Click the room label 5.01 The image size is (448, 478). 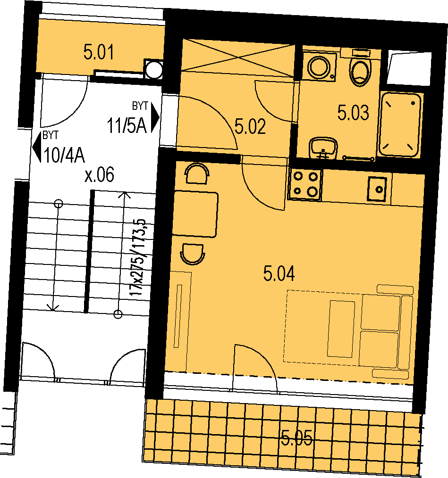[x=98, y=52]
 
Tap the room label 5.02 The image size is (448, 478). [x=250, y=126]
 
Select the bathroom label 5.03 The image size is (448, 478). [x=353, y=113]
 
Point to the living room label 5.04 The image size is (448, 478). [x=279, y=273]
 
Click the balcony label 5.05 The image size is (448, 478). [x=297, y=438]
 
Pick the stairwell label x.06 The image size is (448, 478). [x=99, y=175]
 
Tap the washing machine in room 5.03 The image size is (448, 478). [x=319, y=66]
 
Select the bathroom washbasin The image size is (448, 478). [x=323, y=148]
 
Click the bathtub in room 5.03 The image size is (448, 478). [x=400, y=124]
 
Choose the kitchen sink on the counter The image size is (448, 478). [x=377, y=189]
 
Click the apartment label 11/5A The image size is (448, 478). [x=127, y=125]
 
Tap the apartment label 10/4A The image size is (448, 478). [x=64, y=156]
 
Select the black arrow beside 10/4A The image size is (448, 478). [x=37, y=147]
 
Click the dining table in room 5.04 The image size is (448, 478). [x=195, y=214]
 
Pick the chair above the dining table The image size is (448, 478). [x=197, y=173]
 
